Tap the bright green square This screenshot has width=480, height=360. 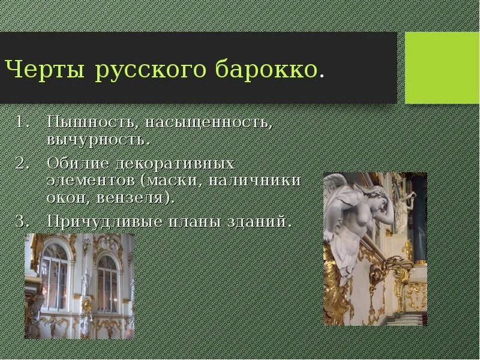point(442,68)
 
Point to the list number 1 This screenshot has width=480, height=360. point(22,122)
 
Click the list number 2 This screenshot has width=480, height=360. point(22,163)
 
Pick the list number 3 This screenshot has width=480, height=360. point(22,221)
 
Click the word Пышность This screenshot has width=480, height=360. point(93,123)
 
